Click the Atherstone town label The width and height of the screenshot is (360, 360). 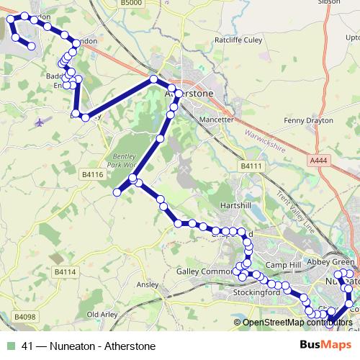(191, 94)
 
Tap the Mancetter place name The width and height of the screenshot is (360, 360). (216, 120)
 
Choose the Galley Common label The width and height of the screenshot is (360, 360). (204, 271)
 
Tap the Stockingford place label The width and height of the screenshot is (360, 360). (256, 294)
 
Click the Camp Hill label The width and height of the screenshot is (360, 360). (283, 266)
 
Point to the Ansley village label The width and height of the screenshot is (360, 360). (146, 285)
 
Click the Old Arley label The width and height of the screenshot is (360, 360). (102, 315)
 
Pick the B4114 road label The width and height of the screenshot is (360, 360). (65, 272)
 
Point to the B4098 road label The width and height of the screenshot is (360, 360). (24, 317)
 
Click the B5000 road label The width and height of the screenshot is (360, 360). (132, 4)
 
